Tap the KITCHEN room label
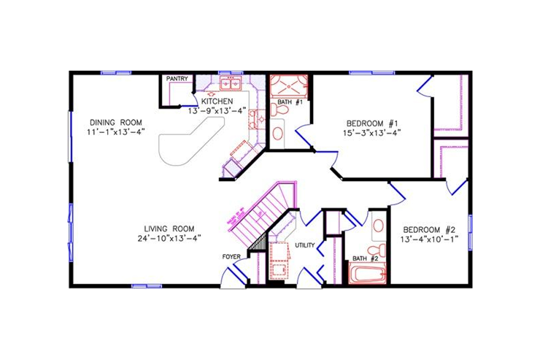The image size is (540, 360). click(x=217, y=101)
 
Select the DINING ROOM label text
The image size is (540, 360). click(x=116, y=122)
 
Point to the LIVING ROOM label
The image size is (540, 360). click(x=169, y=229)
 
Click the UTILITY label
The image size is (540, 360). click(x=305, y=245)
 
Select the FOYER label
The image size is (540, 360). click(x=232, y=257)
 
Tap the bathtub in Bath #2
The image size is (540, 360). click(x=368, y=273)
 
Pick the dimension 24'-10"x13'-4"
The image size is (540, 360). click(x=169, y=238)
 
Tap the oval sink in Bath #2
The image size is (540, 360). click(x=379, y=225)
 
